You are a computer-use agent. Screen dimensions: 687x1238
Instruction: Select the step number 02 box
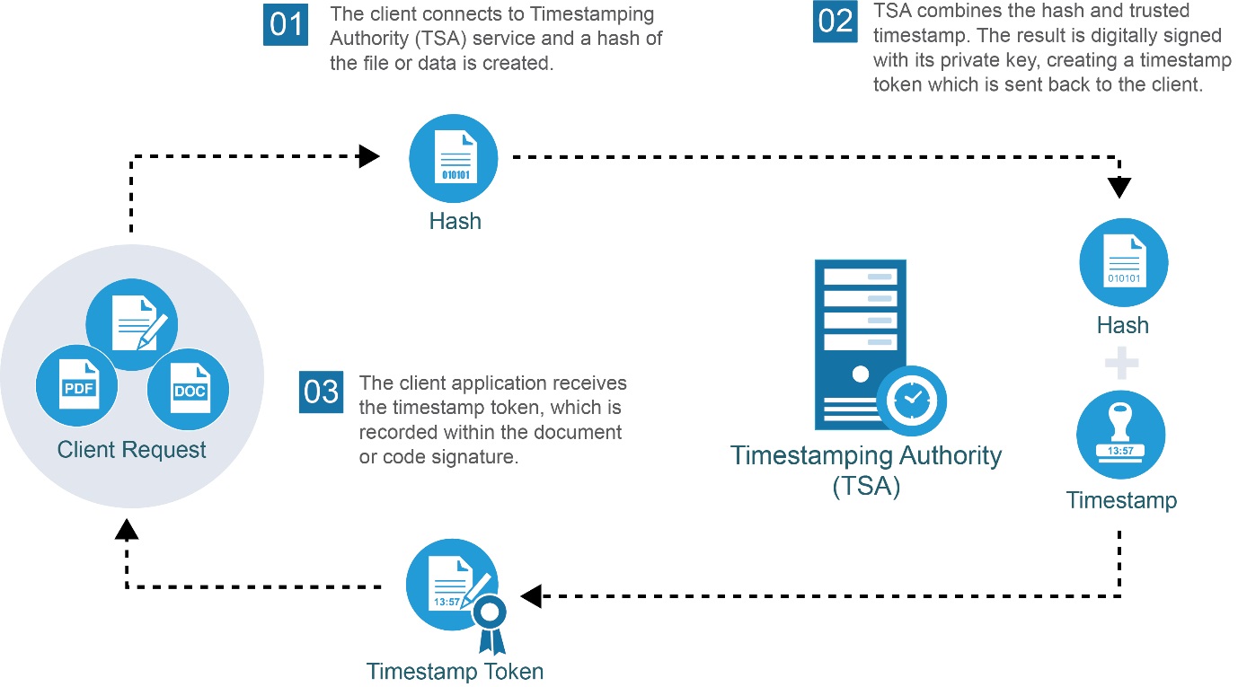836,20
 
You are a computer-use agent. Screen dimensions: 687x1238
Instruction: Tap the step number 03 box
322,392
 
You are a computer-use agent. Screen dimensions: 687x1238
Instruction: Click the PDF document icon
79,386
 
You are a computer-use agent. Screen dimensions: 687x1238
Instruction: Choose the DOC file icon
190,388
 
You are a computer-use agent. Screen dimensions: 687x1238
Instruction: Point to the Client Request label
132,449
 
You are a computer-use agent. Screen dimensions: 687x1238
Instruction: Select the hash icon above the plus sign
1123,264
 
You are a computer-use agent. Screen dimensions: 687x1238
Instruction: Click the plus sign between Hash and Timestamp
1121,365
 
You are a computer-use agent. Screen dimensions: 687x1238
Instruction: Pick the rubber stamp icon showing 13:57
1120,435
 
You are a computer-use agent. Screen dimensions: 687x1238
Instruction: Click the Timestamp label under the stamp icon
1121,500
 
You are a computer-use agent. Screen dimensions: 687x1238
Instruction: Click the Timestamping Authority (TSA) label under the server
866,470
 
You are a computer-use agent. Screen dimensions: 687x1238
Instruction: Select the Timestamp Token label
455,672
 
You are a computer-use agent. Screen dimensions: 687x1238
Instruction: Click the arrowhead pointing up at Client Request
128,530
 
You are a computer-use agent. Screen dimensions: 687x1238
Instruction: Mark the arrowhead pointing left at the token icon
531,595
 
